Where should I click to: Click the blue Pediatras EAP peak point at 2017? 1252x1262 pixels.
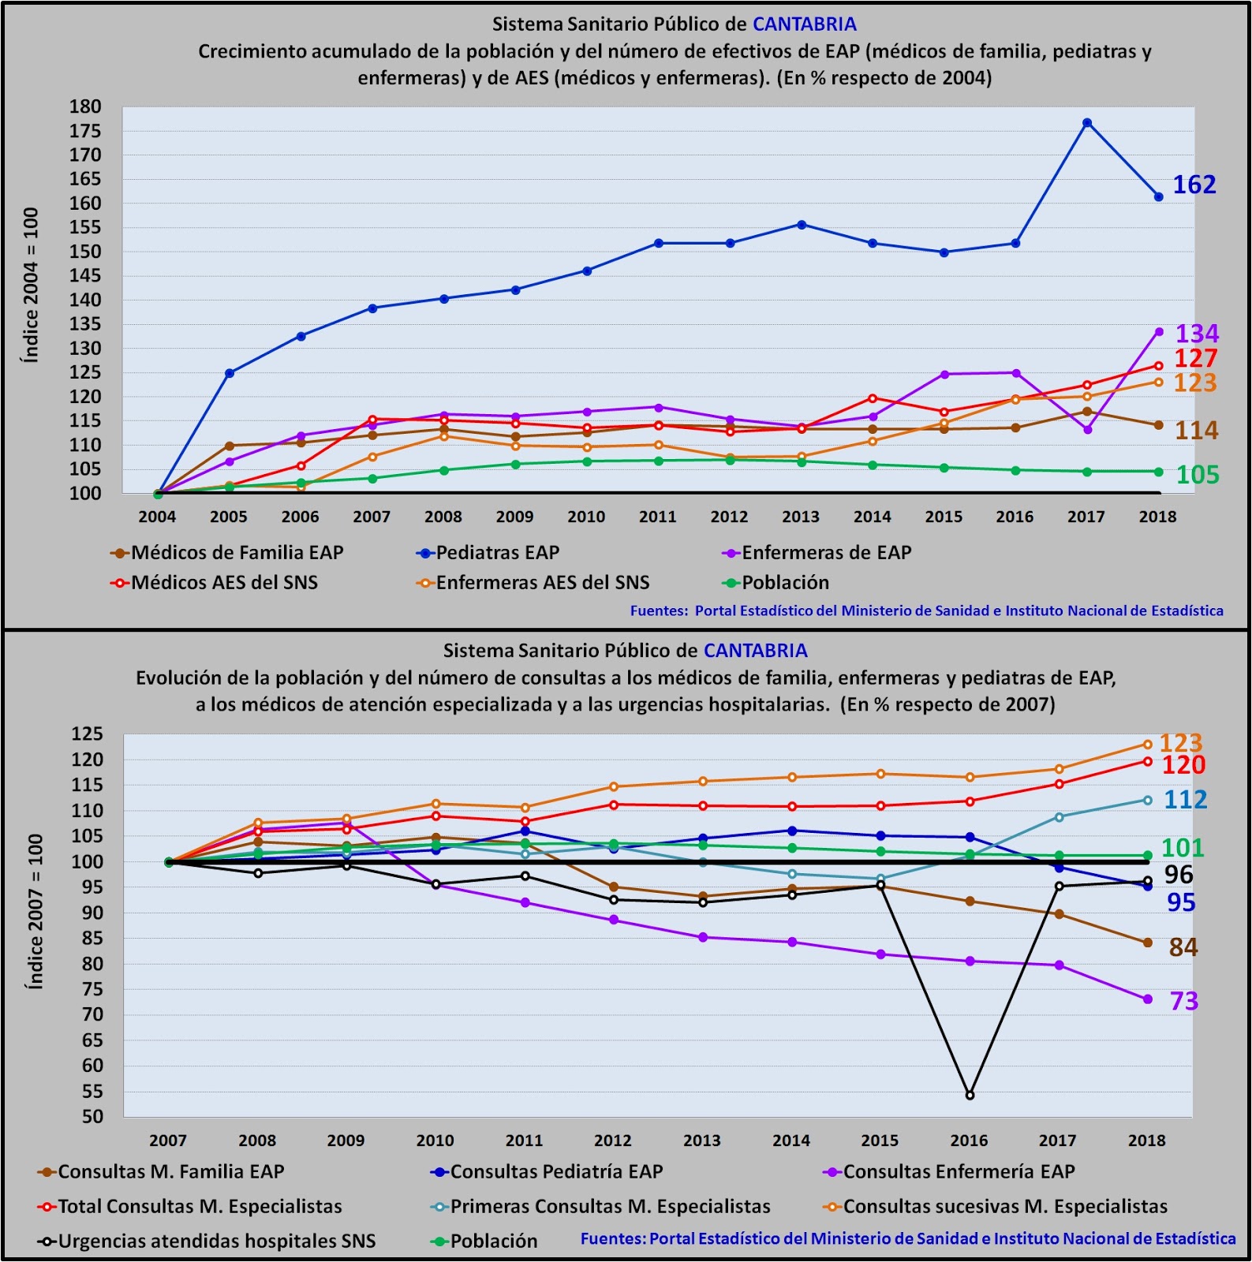[1087, 123]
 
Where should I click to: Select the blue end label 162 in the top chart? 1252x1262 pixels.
[1194, 185]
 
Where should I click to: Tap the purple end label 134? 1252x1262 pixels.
[1197, 334]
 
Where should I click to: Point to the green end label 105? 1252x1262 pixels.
[1198, 475]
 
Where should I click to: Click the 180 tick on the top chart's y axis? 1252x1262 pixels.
[85, 106]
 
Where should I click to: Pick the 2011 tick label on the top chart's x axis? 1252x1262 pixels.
[657, 517]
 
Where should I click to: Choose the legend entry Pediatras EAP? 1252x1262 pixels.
[497, 553]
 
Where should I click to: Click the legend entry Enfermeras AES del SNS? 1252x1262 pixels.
[542, 583]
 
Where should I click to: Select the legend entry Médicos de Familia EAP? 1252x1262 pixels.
[237, 553]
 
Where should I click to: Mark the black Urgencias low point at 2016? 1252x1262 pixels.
[970, 1096]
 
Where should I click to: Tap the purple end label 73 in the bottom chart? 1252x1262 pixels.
[1183, 1001]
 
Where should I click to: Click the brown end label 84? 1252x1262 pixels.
[1183, 946]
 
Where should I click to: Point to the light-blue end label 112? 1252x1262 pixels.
[1185, 800]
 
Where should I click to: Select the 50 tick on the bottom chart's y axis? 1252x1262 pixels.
[92, 1117]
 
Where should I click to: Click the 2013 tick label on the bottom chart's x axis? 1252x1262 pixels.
[702, 1141]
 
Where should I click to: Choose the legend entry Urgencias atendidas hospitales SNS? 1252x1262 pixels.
[216, 1241]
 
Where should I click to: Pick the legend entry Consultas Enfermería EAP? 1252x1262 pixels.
[959, 1172]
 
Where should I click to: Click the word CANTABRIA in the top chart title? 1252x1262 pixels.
[804, 24]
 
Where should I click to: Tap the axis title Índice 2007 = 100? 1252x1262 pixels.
[36, 911]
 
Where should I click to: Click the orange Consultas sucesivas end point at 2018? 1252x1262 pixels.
[1147, 745]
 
